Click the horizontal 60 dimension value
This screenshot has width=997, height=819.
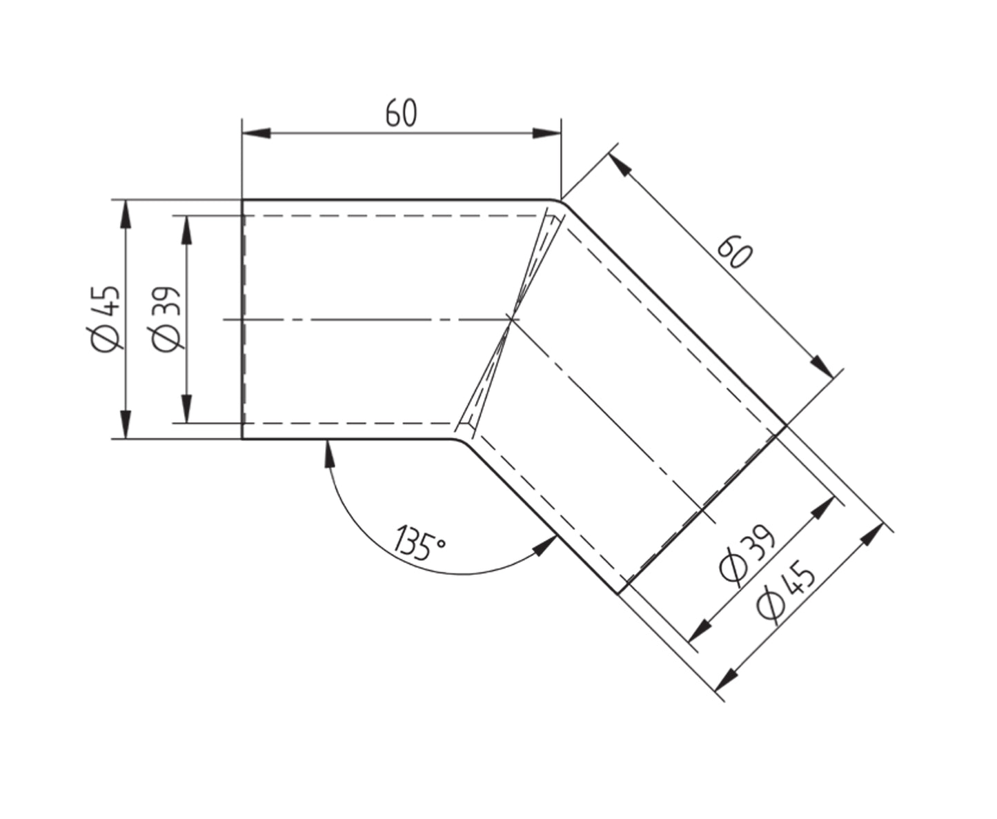point(401,113)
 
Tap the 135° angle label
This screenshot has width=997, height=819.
point(419,543)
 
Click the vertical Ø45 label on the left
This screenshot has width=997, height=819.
point(106,319)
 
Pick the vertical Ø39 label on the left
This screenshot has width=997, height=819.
point(166,319)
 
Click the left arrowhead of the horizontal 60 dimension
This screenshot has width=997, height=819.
point(256,133)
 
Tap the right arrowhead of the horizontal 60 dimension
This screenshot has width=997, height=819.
point(546,133)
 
